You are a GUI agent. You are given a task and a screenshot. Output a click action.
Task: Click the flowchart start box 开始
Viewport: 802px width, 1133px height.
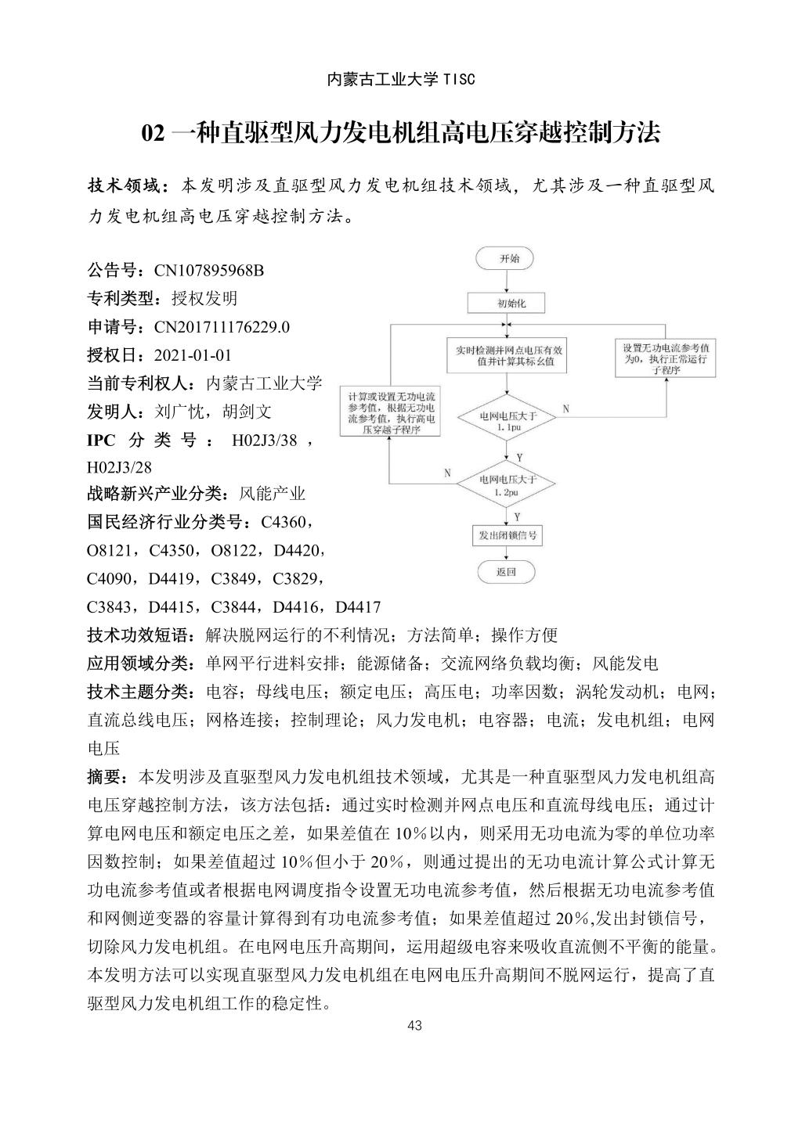click(506, 257)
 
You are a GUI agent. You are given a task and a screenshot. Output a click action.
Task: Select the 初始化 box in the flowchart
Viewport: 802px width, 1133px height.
click(506, 303)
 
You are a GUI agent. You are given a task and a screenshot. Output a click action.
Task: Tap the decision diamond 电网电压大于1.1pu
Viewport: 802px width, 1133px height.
click(508, 423)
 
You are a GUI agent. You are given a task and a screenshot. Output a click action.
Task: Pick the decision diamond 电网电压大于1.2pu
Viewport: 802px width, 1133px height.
click(508, 485)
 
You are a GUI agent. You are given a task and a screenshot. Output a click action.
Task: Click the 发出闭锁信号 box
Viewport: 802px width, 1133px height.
click(507, 536)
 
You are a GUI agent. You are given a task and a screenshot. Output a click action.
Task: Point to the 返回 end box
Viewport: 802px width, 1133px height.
click(506, 572)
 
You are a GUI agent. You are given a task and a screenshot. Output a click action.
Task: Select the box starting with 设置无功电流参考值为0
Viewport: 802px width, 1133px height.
click(666, 358)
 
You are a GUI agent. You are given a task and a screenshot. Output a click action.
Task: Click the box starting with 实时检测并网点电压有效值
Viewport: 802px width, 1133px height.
click(508, 356)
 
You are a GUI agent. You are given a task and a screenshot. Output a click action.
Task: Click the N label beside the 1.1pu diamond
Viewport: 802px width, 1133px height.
click(565, 409)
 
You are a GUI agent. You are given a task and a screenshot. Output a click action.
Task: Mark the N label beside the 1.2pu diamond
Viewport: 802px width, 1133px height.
click(447, 473)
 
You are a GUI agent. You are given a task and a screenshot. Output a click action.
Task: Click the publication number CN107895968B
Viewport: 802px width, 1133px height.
click(208, 271)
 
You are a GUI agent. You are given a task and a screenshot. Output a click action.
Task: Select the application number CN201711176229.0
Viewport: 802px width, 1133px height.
click(222, 327)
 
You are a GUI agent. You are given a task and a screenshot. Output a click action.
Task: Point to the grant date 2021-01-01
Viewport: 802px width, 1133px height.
click(193, 355)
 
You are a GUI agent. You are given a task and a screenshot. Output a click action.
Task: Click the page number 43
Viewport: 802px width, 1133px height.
click(415, 1026)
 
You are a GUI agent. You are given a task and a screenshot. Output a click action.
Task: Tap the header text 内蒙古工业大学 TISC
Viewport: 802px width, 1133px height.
click(400, 80)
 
